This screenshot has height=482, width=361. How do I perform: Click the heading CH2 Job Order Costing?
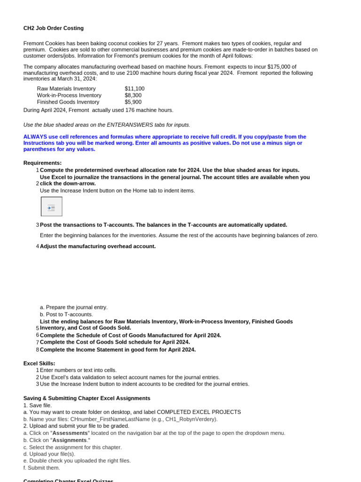[54, 28]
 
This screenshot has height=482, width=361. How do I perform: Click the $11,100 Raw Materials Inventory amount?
[134, 88]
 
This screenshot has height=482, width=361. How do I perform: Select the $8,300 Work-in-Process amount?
[133, 95]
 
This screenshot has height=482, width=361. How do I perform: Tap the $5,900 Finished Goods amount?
[133, 102]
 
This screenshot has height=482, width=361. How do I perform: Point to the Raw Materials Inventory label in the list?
[66, 88]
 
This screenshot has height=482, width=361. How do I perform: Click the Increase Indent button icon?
[51, 207]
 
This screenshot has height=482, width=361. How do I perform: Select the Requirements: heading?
[42, 163]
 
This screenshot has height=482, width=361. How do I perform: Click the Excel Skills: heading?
[39, 363]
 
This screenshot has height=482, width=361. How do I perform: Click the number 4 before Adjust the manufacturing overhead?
[37, 246]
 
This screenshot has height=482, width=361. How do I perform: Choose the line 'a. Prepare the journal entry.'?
[74, 307]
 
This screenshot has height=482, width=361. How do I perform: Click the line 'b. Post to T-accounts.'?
[66, 314]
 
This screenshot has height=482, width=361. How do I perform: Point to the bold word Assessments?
[70, 433]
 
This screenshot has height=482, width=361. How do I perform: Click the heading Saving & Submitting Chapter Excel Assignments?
[86, 398]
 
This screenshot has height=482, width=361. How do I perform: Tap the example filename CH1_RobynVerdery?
[193, 419]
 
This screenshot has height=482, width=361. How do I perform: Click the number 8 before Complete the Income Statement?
[37, 350]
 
